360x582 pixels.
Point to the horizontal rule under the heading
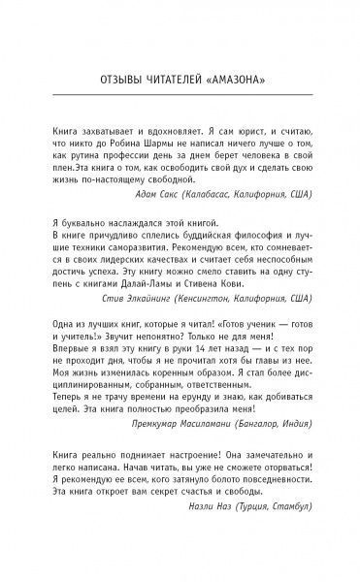(180, 95)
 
